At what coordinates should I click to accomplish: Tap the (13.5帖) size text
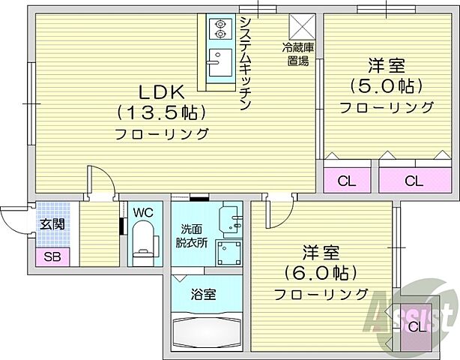(x=160, y=112)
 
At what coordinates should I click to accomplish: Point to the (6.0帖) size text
(x=320, y=271)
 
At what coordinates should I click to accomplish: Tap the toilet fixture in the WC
(x=142, y=244)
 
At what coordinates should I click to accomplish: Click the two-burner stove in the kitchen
(x=220, y=28)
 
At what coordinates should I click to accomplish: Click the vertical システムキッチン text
(x=244, y=64)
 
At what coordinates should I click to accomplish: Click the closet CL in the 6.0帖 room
(x=417, y=325)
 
